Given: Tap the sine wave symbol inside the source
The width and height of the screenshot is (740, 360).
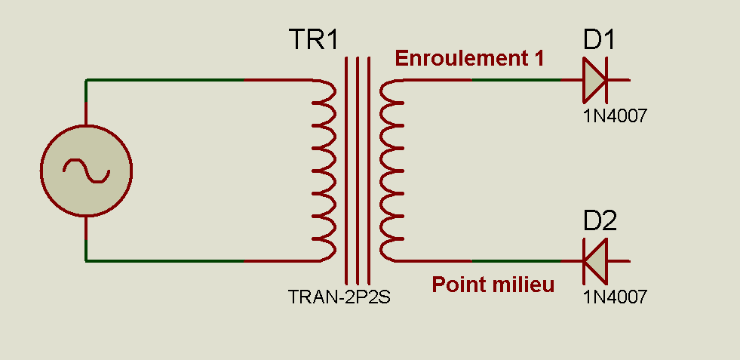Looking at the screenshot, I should (86, 171).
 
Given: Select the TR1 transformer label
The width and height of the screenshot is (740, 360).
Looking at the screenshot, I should (314, 40).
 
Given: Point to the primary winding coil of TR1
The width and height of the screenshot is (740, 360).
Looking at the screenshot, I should (325, 170).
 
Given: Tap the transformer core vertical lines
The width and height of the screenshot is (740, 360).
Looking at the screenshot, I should (358, 170).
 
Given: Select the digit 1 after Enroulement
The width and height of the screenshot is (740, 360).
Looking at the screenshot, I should (538, 59).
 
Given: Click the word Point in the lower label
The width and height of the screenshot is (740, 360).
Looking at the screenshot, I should (454, 285).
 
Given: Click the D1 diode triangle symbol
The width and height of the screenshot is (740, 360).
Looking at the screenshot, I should (594, 79).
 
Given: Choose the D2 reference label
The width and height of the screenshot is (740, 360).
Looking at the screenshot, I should (600, 221).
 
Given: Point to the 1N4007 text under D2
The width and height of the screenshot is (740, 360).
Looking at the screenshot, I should (615, 297).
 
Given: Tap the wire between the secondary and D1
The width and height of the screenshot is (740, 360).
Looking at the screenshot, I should (490, 79).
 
